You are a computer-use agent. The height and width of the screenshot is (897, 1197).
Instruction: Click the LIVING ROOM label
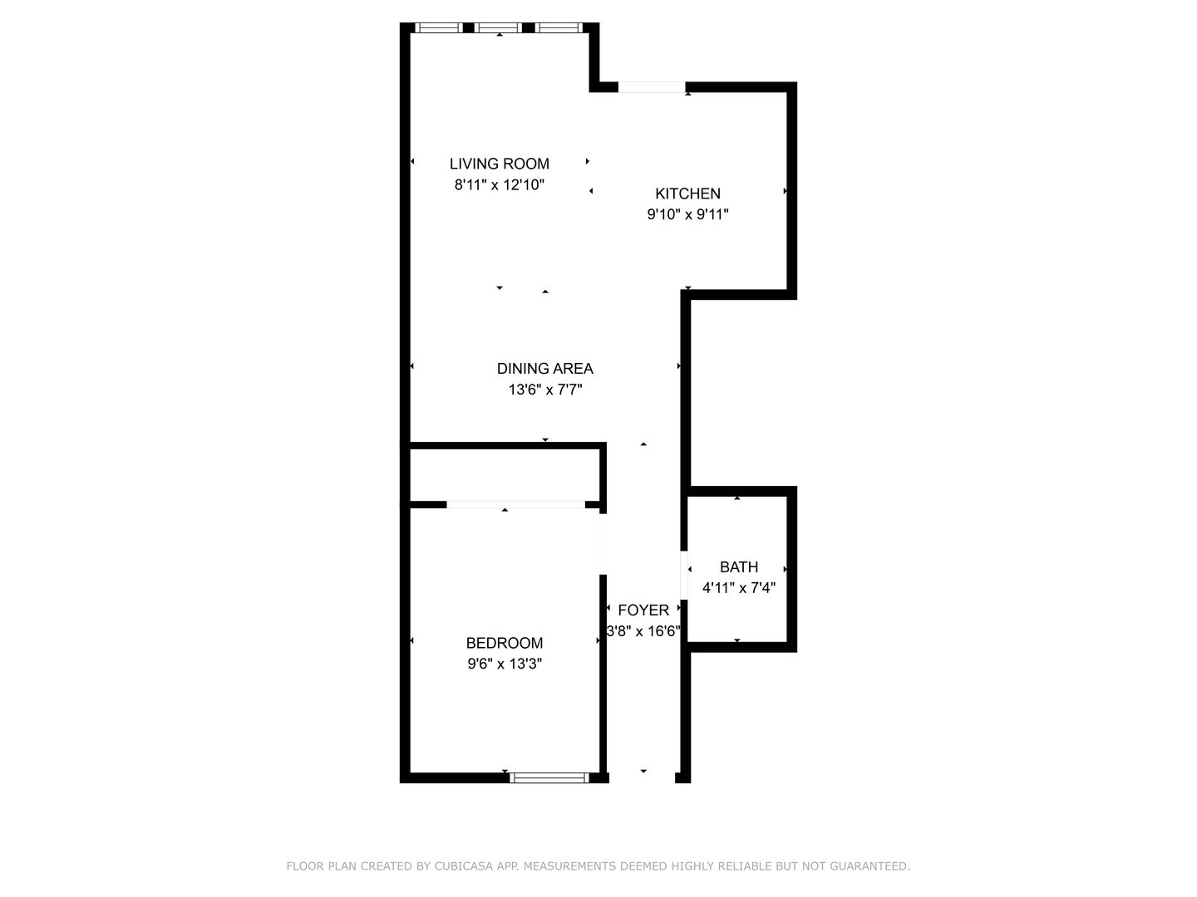coord(499,164)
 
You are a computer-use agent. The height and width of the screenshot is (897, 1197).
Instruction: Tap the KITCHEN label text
coord(687,194)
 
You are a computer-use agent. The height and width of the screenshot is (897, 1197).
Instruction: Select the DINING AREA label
coord(544,369)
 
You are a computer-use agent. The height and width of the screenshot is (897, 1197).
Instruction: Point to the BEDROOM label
coord(505,643)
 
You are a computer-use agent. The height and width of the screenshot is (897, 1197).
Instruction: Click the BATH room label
coord(739,567)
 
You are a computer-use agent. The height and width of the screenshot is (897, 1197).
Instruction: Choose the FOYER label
coord(643,610)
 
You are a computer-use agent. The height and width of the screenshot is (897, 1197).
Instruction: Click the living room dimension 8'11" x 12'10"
coord(500,184)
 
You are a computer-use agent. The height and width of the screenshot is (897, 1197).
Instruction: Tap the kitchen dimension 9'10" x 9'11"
coord(687,214)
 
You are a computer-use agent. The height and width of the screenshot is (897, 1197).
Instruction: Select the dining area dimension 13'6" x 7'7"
coord(545,390)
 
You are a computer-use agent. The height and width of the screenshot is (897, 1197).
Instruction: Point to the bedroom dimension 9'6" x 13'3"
coord(505,664)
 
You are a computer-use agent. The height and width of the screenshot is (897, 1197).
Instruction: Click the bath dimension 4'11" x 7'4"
coord(739,588)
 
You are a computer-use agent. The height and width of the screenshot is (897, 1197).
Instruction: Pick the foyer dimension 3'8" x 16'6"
coord(643,630)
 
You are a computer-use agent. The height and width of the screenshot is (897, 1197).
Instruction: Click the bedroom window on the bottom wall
coord(549,777)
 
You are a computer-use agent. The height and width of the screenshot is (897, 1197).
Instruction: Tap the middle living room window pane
coord(498,27)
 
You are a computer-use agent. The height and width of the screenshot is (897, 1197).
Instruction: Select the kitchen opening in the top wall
coord(651,87)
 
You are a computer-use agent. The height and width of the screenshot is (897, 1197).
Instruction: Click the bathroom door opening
coord(684,575)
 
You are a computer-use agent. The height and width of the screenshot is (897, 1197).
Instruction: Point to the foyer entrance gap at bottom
coord(642,777)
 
